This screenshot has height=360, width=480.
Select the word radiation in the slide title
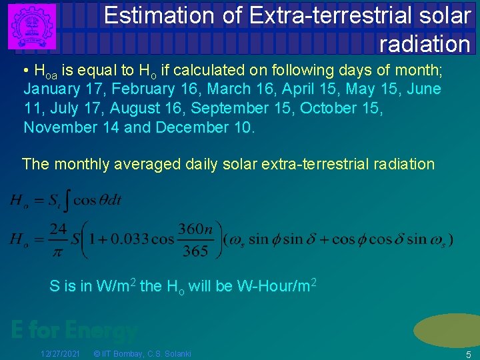(x=425, y=44)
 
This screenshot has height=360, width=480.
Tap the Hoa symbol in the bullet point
(x=45, y=71)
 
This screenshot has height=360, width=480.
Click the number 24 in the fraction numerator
(x=58, y=229)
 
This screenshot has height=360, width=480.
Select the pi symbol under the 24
(x=58, y=249)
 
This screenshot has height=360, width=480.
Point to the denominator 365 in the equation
(x=194, y=251)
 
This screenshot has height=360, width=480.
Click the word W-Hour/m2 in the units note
(x=276, y=287)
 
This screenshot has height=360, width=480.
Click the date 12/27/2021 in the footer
(x=60, y=353)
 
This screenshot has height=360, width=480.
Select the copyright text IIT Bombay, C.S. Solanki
(x=143, y=353)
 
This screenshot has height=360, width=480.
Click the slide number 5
(x=468, y=354)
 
